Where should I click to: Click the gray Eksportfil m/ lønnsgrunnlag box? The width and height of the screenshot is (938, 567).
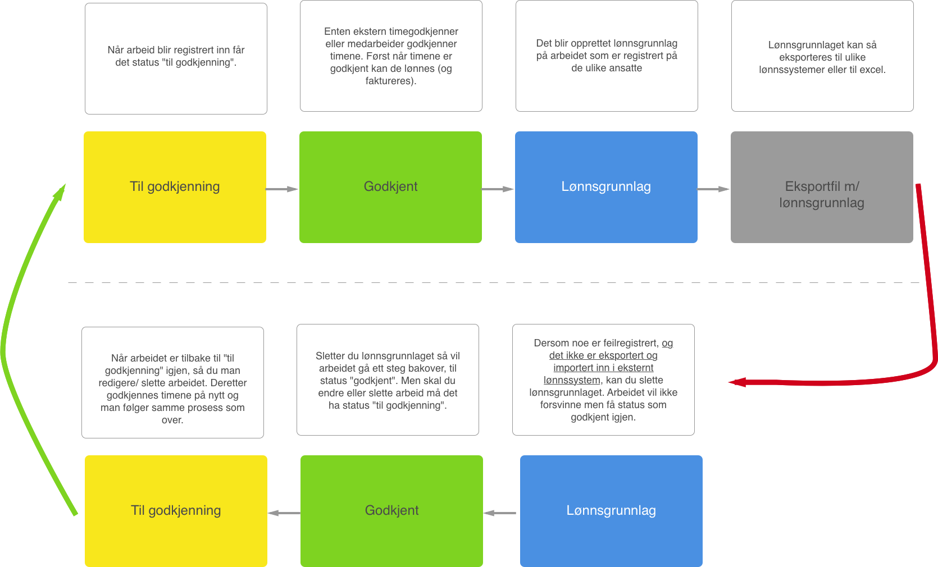(x=821, y=187)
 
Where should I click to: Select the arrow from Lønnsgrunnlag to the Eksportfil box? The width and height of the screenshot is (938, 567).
(x=713, y=189)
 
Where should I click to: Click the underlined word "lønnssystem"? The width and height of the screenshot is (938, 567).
(x=572, y=380)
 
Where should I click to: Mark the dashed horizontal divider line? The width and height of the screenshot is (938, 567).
(x=494, y=282)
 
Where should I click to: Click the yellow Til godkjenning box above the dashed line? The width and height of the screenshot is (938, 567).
(x=175, y=187)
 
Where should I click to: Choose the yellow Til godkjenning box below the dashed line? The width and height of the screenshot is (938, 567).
(x=176, y=510)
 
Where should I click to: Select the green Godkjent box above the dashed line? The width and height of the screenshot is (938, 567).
(x=390, y=187)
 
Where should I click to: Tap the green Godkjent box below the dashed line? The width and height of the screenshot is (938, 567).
(x=391, y=510)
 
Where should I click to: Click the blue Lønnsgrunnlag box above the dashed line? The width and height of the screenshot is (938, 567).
(x=606, y=187)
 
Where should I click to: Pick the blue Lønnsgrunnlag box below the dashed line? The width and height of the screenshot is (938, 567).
(x=611, y=510)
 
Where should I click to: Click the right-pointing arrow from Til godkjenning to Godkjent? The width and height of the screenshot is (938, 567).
(x=282, y=189)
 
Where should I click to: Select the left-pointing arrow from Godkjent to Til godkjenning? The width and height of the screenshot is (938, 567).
(x=284, y=513)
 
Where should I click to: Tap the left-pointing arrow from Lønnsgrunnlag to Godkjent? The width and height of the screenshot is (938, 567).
(x=500, y=513)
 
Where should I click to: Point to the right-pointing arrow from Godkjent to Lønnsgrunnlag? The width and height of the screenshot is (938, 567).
(x=498, y=189)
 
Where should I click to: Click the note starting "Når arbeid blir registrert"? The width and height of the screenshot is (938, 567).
(x=176, y=58)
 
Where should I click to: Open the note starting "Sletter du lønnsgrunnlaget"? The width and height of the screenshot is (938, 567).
(x=388, y=379)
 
